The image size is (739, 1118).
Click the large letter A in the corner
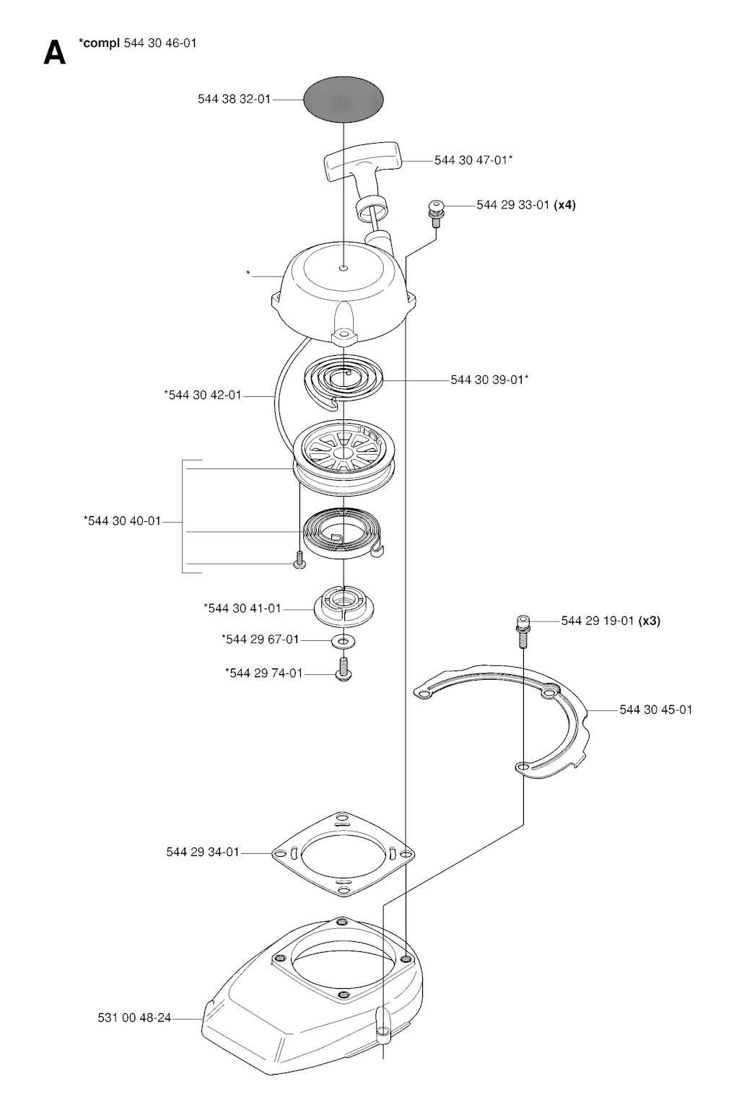pos(54,53)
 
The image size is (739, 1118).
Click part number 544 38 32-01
pos(234,100)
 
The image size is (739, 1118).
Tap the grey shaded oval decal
pos(344,100)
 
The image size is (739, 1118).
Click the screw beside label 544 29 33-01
pos(436,213)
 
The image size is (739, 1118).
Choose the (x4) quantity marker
pos(565,205)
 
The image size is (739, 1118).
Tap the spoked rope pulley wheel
pos(344,457)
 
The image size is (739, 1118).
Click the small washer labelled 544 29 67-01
pos(344,640)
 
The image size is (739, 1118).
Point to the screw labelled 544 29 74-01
pos(344,669)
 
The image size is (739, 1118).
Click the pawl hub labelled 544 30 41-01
pos(344,606)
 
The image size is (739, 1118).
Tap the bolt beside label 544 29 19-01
pos(522,631)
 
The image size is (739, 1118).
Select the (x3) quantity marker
pos(650,621)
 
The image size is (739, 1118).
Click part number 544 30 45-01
pos(656,709)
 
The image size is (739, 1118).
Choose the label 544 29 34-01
pos(203,852)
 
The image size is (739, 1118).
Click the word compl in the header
pos(101,43)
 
